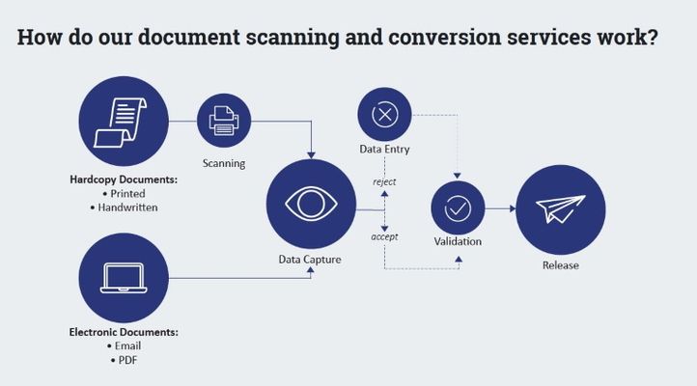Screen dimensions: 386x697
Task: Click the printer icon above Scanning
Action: pos(224,121)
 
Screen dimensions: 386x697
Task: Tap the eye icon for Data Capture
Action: pos(311,204)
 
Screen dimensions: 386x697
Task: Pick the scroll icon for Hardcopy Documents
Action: pos(122,123)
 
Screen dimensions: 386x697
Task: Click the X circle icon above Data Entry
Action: pos(384,114)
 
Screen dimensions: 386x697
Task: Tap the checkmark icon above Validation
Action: pos(458,207)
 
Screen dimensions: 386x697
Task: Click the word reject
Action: pos(384,181)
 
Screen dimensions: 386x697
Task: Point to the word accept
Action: pos(384,236)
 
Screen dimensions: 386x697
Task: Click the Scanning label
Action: pos(224,163)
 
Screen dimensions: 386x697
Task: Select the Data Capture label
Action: pos(310,260)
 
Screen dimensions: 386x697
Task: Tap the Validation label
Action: pos(458,241)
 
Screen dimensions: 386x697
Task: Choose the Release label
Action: pos(560,265)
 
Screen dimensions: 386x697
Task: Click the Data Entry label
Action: pos(384,150)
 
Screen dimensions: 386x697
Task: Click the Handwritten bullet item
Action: pos(128,207)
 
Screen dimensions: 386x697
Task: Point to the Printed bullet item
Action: pos(128,193)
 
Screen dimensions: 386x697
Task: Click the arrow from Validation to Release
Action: pos(499,208)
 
